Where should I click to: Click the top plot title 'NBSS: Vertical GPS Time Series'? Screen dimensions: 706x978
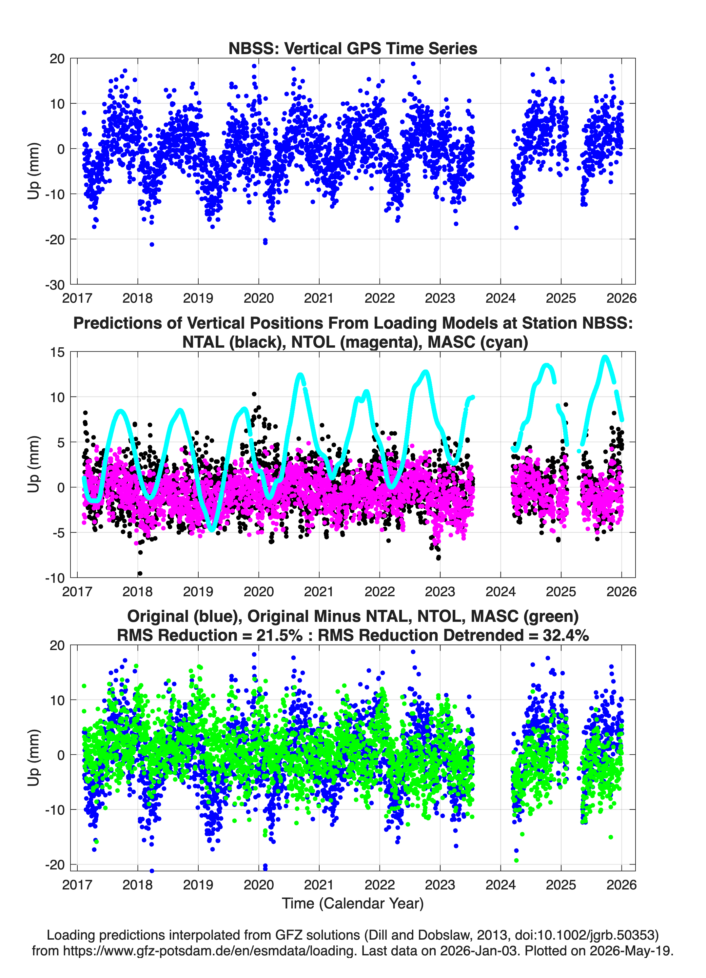pyautogui.click(x=353, y=48)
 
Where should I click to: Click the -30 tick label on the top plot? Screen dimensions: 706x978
pyautogui.click(x=55, y=285)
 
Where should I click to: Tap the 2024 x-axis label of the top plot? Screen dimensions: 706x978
pyautogui.click(x=500, y=298)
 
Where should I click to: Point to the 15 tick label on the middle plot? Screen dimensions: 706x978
pyautogui.click(x=57, y=352)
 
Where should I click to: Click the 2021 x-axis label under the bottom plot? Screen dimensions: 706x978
pyautogui.click(x=319, y=885)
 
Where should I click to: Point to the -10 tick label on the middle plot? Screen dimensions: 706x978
pyautogui.click(x=55, y=578)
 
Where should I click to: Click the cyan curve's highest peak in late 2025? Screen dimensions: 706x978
pyautogui.click(x=605, y=357)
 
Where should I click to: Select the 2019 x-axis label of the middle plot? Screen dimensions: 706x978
pyautogui.click(x=198, y=592)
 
